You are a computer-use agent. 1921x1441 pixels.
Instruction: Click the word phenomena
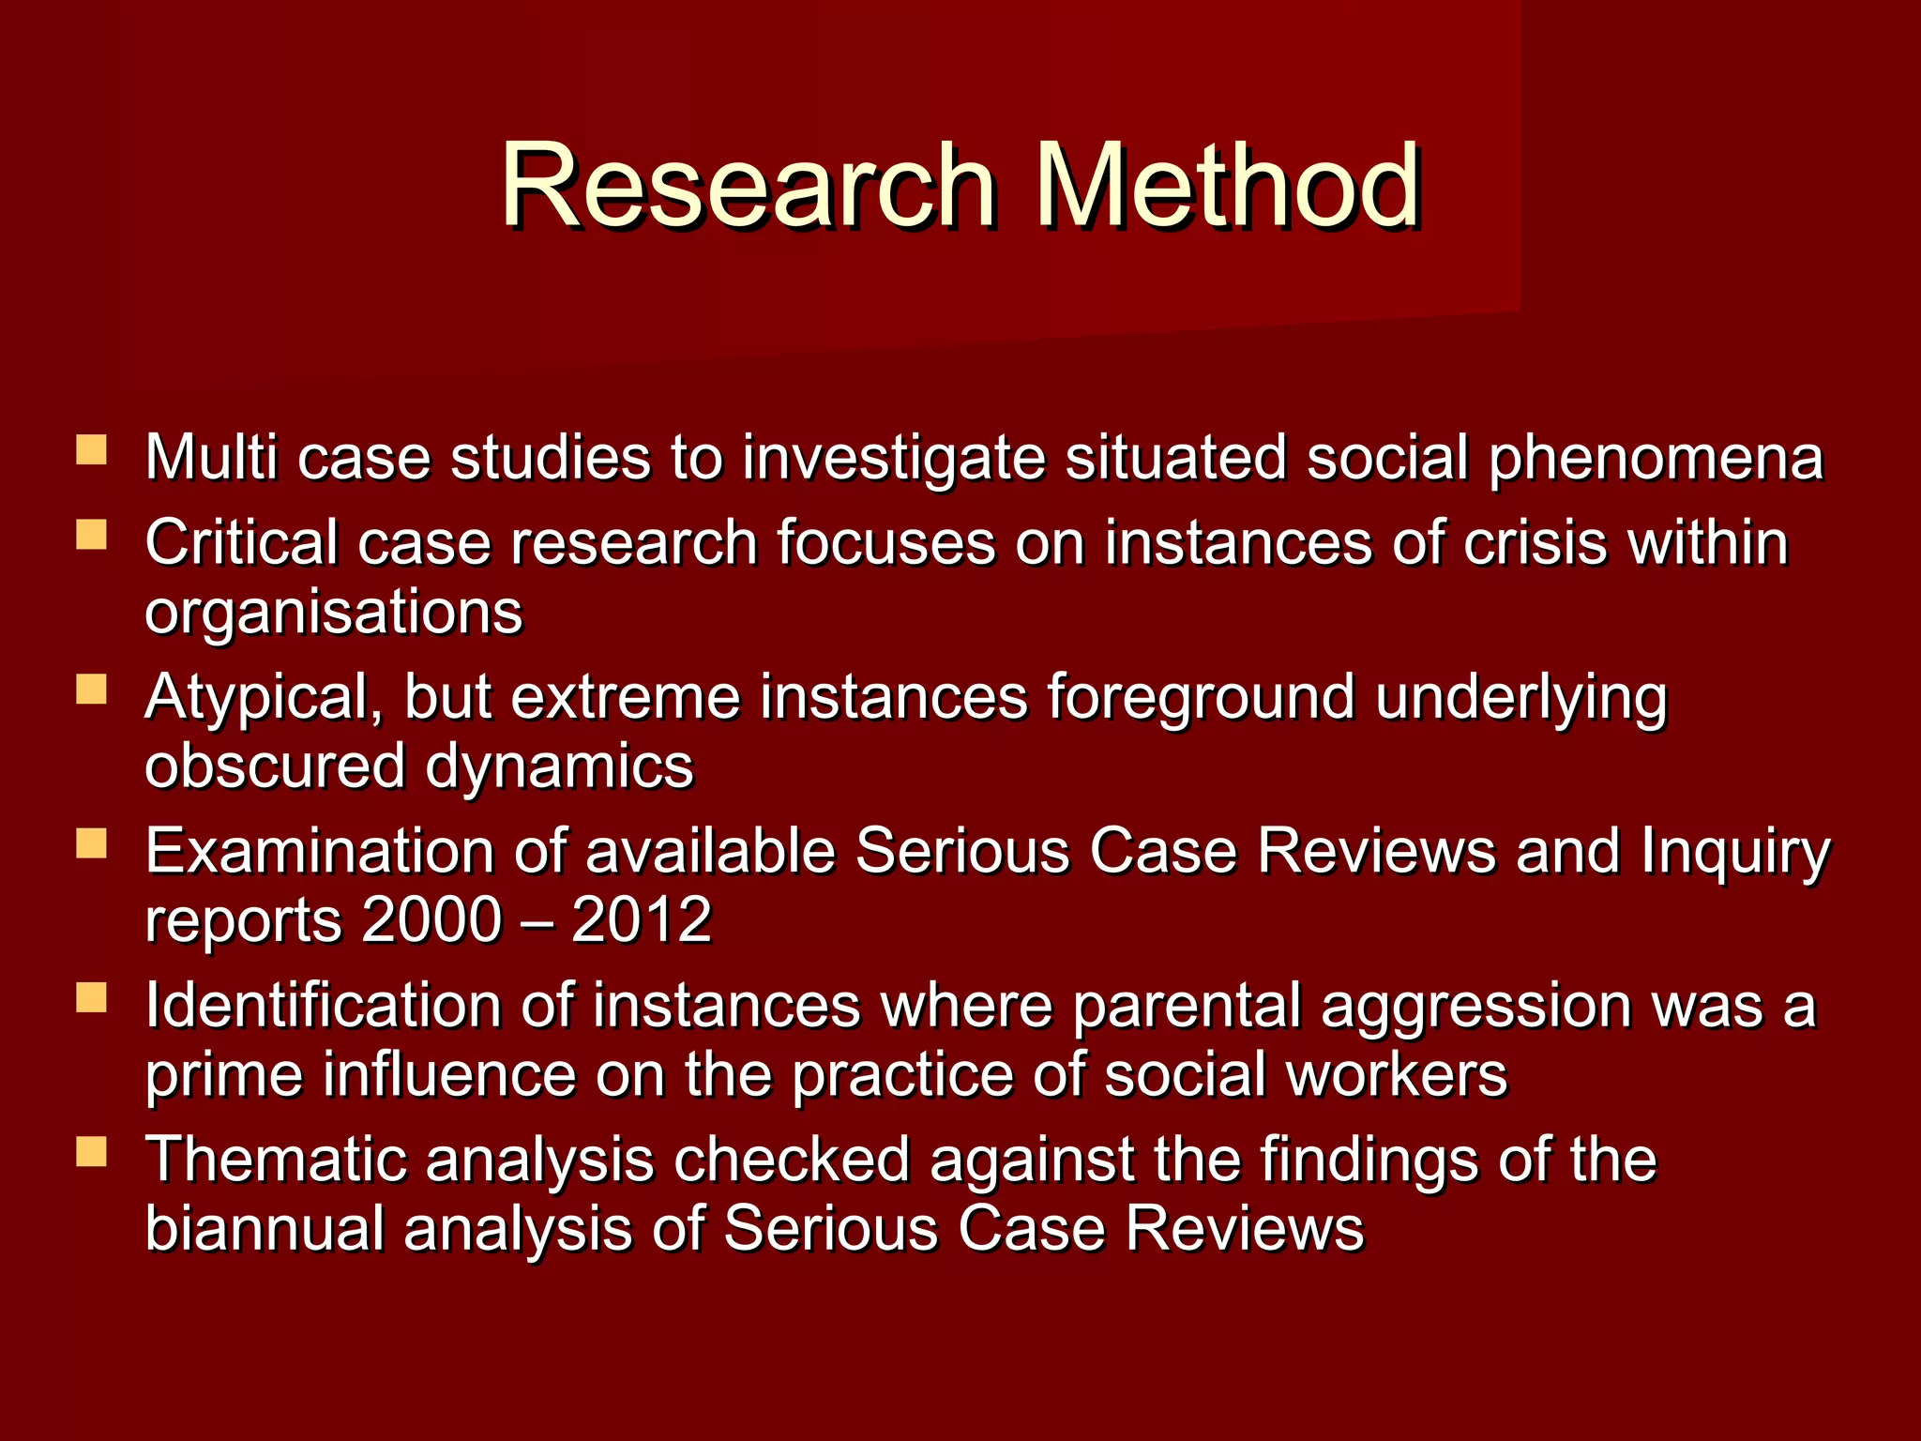click(1656, 460)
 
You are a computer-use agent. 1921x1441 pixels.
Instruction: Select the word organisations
click(334, 614)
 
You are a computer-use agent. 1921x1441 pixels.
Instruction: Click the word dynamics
click(559, 766)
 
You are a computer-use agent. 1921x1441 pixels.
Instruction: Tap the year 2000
click(432, 920)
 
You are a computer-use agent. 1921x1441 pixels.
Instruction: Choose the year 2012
click(642, 920)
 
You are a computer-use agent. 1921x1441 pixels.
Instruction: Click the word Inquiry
click(1734, 854)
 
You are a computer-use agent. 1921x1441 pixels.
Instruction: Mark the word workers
click(1397, 1075)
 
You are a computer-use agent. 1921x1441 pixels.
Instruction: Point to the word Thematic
click(277, 1160)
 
